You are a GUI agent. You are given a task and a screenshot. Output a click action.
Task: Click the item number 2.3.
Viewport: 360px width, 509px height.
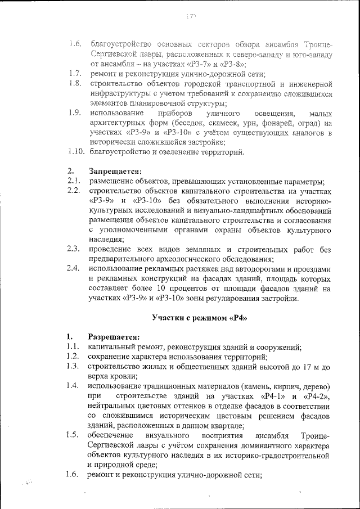pyautogui.click(x=72, y=249)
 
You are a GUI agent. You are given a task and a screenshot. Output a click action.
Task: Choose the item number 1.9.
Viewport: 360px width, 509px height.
pyautogui.click(x=74, y=112)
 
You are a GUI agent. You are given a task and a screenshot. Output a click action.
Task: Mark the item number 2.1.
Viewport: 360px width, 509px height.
pyautogui.click(x=72, y=181)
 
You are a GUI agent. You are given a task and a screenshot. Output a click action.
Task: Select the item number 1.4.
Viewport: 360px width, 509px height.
pyautogui.click(x=71, y=386)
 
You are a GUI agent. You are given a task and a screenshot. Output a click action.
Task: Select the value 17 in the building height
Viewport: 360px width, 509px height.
pyautogui.click(x=304, y=367)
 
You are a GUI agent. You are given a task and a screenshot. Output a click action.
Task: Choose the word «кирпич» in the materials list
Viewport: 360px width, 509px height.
pyautogui.click(x=277, y=386)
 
